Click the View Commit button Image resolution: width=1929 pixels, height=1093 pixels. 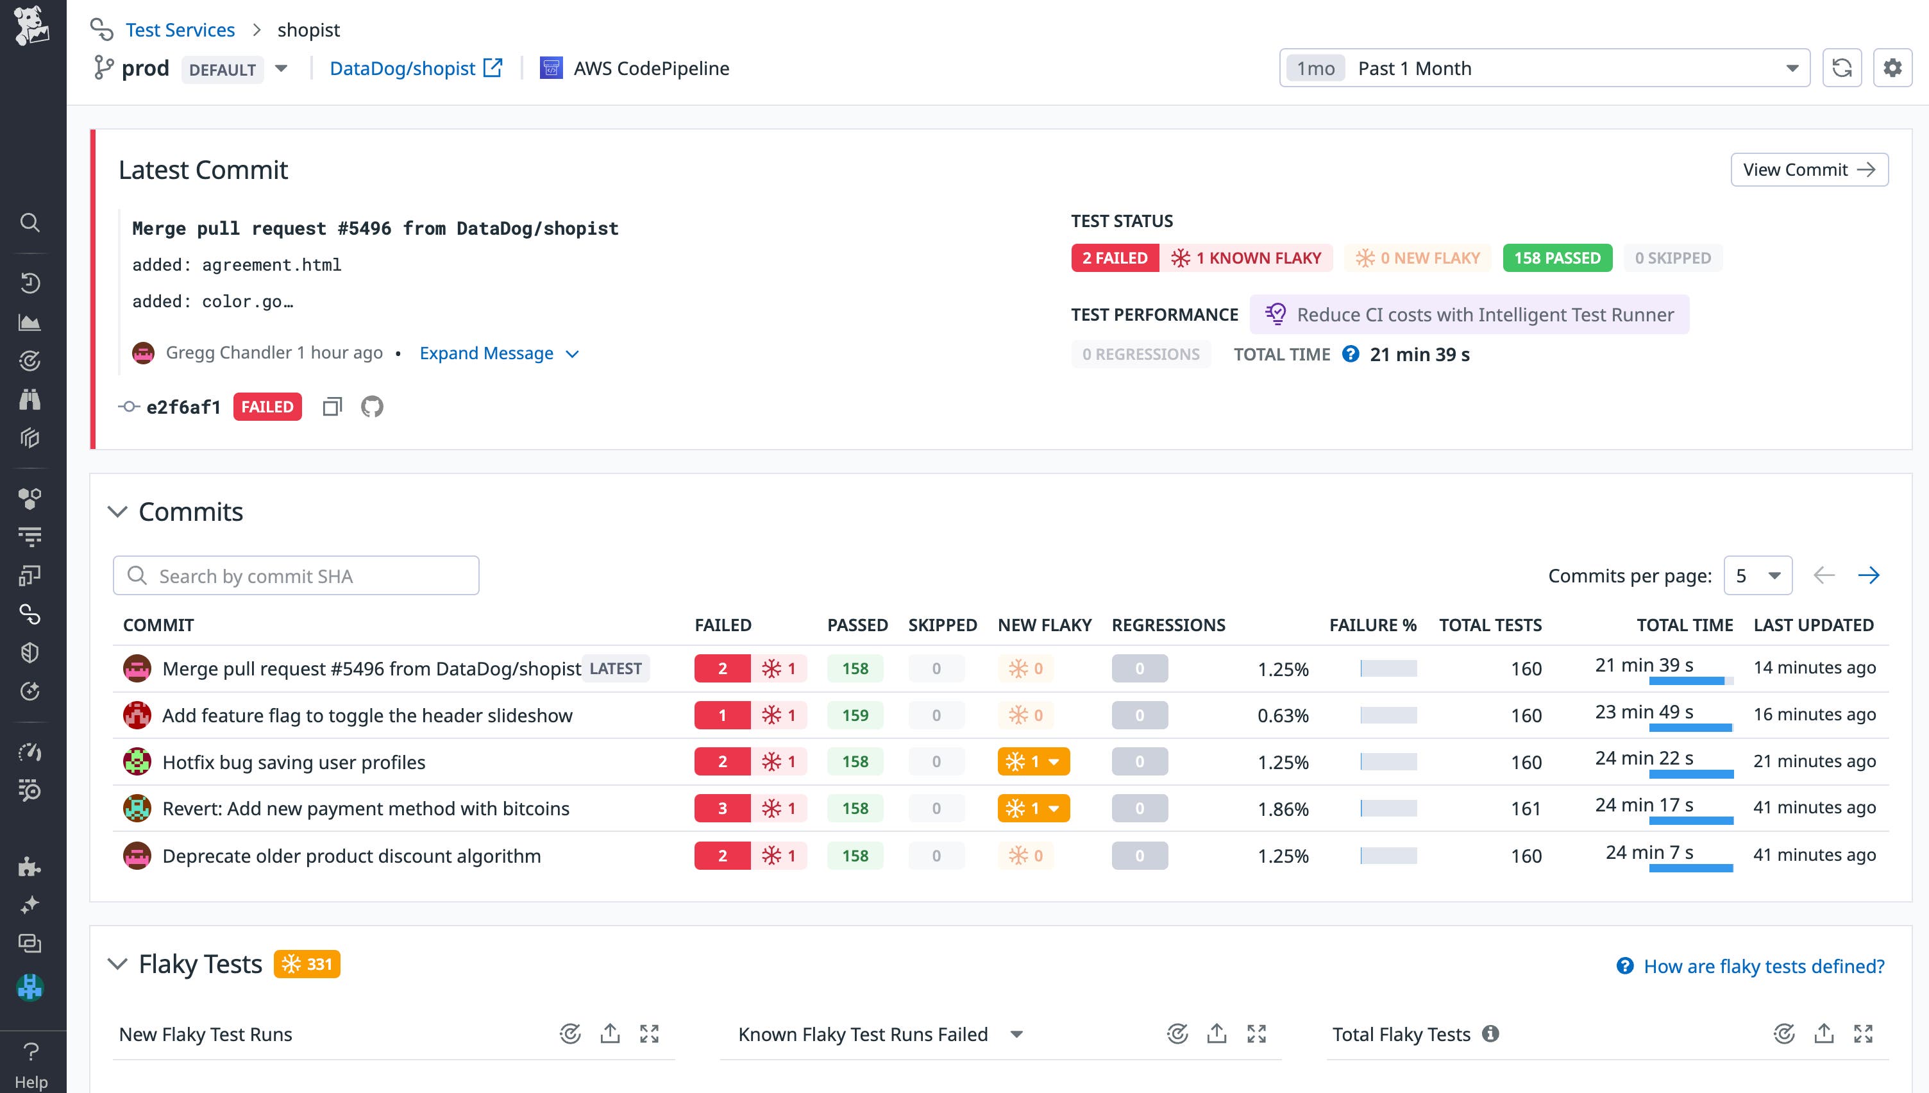point(1808,169)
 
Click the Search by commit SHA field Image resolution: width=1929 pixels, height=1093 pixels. point(296,576)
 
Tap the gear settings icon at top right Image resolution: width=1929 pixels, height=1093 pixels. point(1892,68)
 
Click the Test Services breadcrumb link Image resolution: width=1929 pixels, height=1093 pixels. point(180,30)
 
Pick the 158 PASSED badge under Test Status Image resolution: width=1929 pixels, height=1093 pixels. point(1557,258)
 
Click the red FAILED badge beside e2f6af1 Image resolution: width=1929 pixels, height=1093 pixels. point(267,407)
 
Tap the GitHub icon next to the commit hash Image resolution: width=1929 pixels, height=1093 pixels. point(372,407)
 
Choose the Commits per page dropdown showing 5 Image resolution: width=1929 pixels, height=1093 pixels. point(1757,576)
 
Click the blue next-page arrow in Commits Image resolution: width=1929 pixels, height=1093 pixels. point(1868,576)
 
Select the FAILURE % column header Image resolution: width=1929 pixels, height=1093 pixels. point(1372,625)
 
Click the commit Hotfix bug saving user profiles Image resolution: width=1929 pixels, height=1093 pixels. point(293,762)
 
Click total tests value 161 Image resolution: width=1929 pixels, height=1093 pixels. point(1526,809)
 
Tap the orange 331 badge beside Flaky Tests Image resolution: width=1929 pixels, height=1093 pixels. point(307,964)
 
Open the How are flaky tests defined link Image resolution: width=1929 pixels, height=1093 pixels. point(1763,966)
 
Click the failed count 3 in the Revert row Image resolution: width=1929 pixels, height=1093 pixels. point(722,808)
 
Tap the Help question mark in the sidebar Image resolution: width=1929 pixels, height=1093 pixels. point(31,1052)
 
